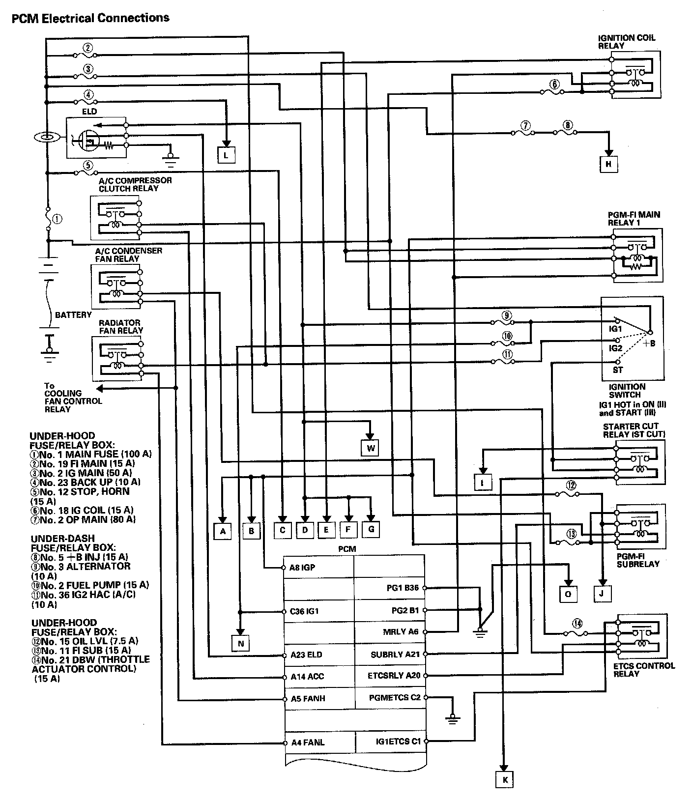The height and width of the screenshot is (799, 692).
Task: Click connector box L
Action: pyautogui.click(x=226, y=155)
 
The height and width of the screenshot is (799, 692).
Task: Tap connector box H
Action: pyautogui.click(x=608, y=164)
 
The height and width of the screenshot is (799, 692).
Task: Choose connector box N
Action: pyautogui.click(x=240, y=643)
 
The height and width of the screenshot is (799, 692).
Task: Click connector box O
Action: pyautogui.click(x=568, y=594)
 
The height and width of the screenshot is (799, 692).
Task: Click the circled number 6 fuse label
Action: pyautogui.click(x=554, y=84)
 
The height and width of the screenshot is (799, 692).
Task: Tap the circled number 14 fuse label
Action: pyautogui.click(x=577, y=624)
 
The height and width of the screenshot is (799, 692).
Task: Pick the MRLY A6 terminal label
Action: pyautogui.click(x=401, y=631)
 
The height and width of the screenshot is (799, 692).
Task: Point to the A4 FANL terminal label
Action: pyautogui.click(x=308, y=742)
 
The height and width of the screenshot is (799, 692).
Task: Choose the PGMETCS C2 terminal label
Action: pyautogui.click(x=395, y=697)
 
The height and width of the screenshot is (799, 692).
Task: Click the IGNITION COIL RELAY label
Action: pyautogui.click(x=626, y=42)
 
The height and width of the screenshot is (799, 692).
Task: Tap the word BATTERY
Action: pyautogui.click(x=73, y=314)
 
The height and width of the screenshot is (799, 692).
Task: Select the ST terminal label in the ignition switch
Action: pyautogui.click(x=617, y=370)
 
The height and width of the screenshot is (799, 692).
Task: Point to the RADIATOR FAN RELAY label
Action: pyautogui.click(x=120, y=327)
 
